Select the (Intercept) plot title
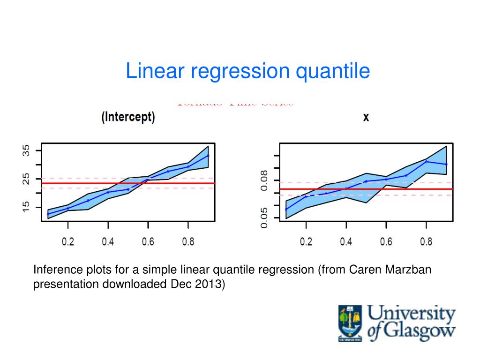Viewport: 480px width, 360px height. click(x=128, y=117)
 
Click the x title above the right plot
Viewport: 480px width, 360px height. click(x=366, y=117)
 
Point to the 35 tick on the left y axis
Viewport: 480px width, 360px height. click(x=26, y=151)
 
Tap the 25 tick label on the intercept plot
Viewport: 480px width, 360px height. click(x=26, y=179)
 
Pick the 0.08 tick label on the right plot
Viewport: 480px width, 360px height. click(x=264, y=180)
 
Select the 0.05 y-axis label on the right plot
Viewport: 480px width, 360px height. click(x=264, y=218)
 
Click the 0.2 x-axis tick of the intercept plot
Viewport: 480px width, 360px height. click(x=68, y=242)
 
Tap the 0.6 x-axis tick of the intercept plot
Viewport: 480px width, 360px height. click(x=148, y=242)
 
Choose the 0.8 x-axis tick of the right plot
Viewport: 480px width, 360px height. click(x=426, y=242)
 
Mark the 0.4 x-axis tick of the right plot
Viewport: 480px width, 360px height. click(x=346, y=242)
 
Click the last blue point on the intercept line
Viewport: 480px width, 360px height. click(x=208, y=156)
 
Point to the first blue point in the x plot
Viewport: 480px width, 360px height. click(x=286, y=209)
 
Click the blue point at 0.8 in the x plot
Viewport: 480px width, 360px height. click(x=427, y=162)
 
